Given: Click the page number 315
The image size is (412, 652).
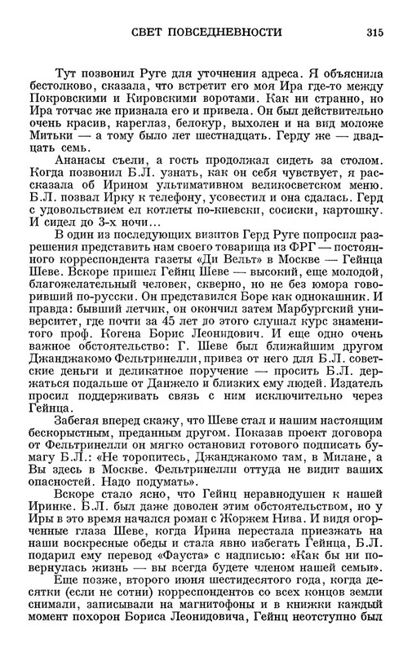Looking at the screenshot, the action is [374, 33].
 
